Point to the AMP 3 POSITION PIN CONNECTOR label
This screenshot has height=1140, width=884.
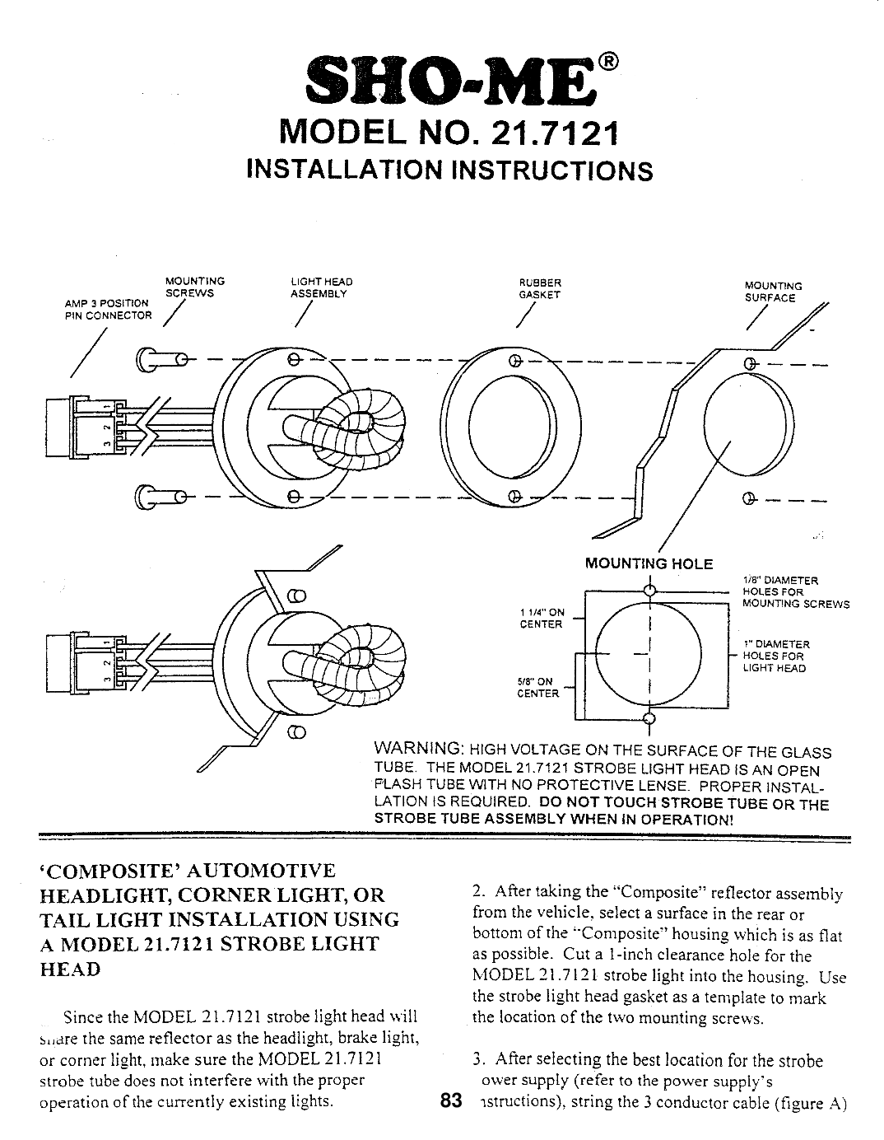[x=108, y=310]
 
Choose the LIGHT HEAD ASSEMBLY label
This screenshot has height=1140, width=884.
[x=319, y=287]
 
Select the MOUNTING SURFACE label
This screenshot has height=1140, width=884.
[x=772, y=292]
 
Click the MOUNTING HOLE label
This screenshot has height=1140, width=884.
[x=648, y=564]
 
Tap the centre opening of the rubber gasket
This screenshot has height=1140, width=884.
[x=510, y=427]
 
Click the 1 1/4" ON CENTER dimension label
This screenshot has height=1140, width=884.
[x=542, y=618]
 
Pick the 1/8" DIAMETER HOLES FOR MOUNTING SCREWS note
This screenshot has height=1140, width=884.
[x=794, y=591]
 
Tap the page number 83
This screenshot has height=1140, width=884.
[x=449, y=1100]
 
